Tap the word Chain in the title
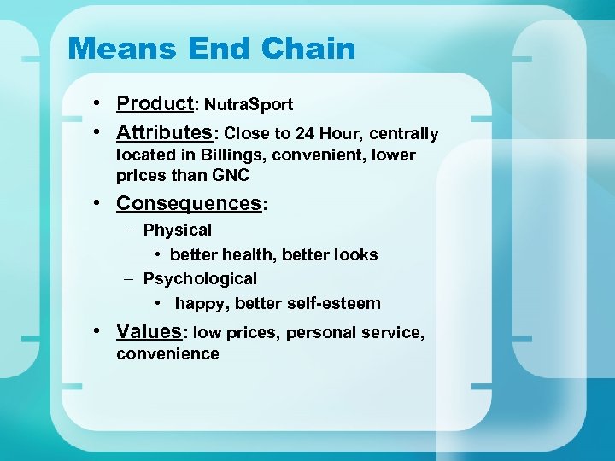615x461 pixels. tap(308, 48)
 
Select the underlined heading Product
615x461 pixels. tap(155, 103)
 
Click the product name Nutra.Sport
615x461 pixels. tap(248, 105)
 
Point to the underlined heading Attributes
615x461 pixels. tap(164, 133)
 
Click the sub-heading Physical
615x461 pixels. tap(178, 230)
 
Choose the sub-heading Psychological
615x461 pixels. tap(200, 279)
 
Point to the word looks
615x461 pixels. tap(353, 255)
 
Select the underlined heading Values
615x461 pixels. tap(149, 331)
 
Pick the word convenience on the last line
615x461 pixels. tap(167, 353)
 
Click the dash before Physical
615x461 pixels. tap(126, 230)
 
